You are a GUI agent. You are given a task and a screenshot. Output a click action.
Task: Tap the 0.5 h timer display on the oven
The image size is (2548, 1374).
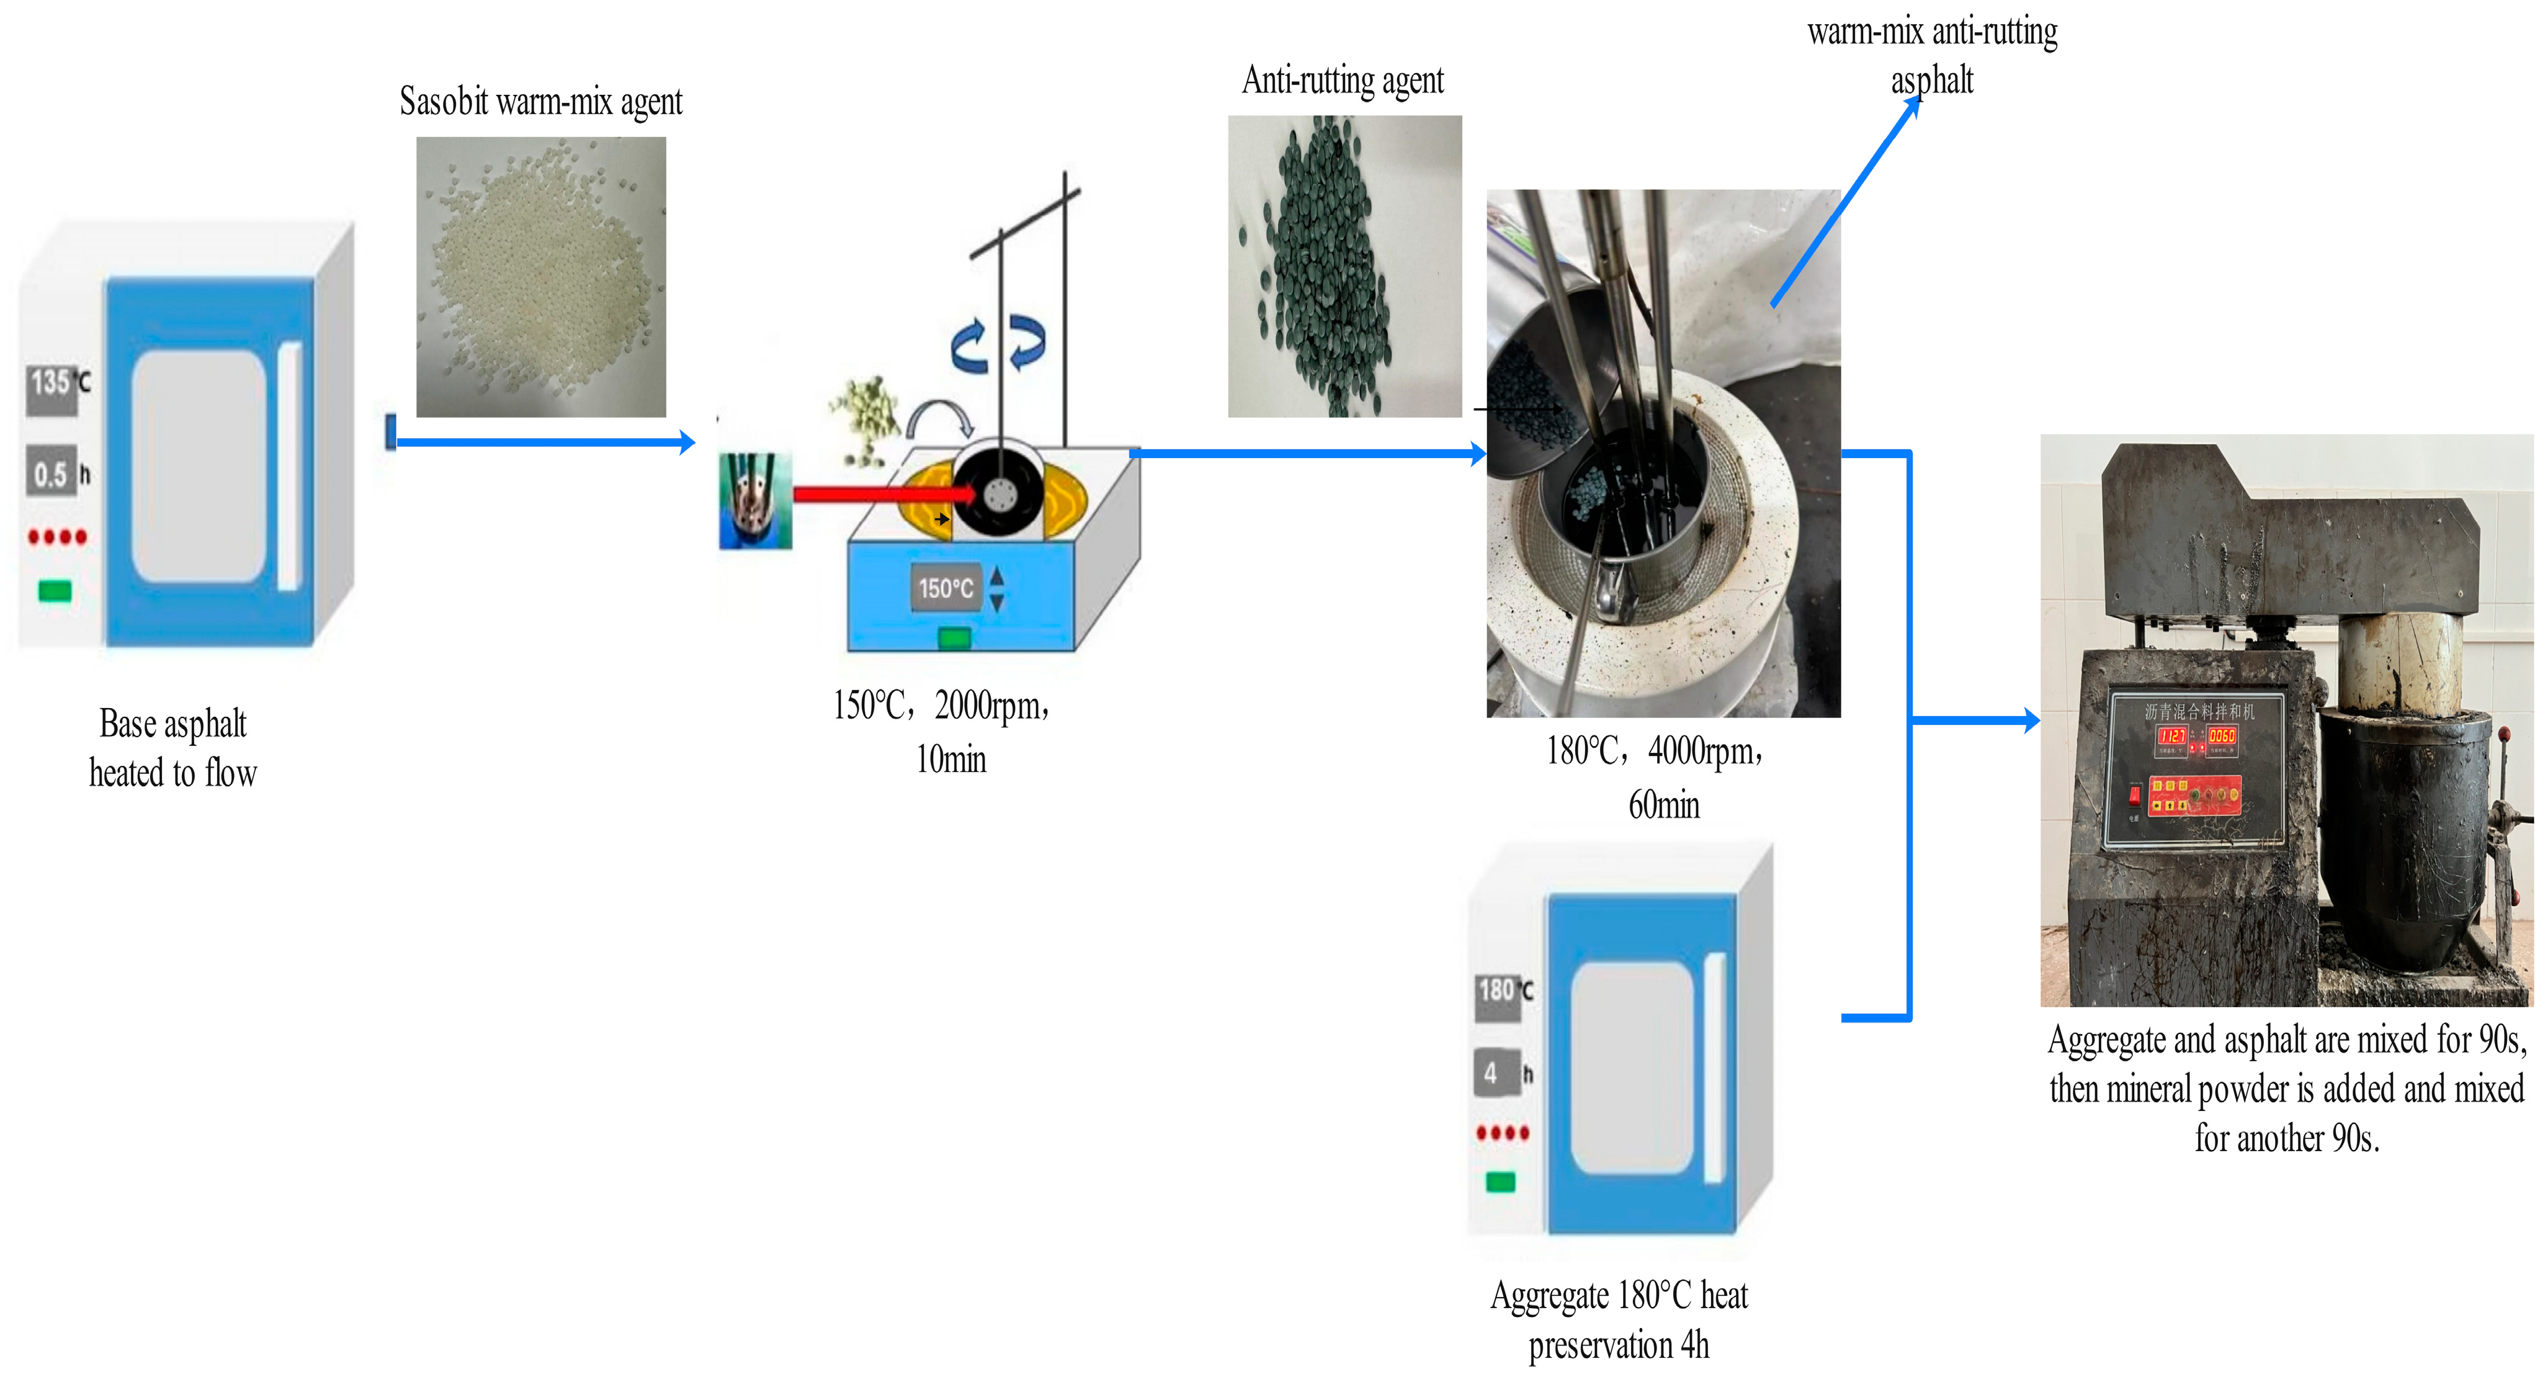coord(51,474)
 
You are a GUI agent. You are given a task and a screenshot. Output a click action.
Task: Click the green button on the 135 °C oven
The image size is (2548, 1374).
coord(55,591)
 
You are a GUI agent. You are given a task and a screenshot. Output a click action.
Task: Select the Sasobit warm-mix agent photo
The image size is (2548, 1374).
coord(541,277)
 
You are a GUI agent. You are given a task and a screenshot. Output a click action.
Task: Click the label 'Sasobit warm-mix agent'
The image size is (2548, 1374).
coord(540,102)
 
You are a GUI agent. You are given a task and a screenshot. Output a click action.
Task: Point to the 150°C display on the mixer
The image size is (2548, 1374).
coord(945,588)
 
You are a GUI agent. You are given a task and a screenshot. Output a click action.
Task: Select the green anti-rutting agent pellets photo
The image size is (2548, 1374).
coord(1344,267)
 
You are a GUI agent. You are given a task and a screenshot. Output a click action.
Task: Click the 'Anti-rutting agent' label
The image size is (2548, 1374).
coord(1343,80)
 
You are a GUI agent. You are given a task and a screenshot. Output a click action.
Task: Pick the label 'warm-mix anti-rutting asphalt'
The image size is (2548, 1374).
coord(1932,55)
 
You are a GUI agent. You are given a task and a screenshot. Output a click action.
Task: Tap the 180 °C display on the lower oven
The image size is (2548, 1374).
coord(1498,991)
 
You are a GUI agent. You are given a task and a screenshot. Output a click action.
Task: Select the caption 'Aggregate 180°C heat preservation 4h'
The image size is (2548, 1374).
coord(1619,1319)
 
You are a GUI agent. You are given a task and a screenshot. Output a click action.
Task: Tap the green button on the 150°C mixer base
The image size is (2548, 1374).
coord(954,638)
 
